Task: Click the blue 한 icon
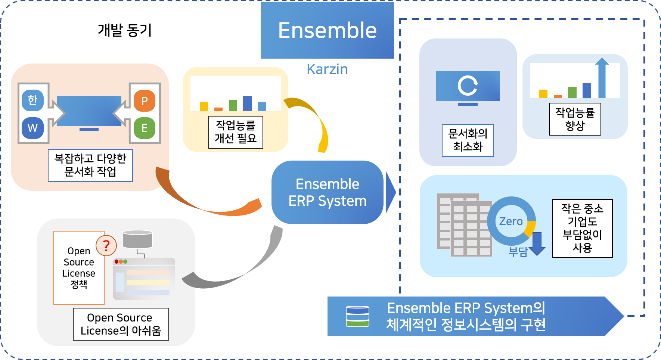(32, 100)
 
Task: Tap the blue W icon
(32, 128)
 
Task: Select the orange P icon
(145, 101)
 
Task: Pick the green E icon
(145, 128)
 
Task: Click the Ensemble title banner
(327, 30)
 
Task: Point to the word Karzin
(327, 69)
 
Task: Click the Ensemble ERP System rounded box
(328, 192)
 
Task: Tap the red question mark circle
(106, 245)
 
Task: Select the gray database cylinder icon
(137, 239)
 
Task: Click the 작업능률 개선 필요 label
(236, 132)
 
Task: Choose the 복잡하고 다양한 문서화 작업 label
(90, 165)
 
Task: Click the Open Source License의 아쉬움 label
(121, 324)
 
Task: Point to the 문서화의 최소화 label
(468, 140)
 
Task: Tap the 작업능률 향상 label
(575, 119)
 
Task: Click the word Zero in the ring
(511, 221)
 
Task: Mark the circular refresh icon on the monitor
(468, 86)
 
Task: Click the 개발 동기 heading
(125, 30)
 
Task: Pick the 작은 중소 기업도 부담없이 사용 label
(582, 228)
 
